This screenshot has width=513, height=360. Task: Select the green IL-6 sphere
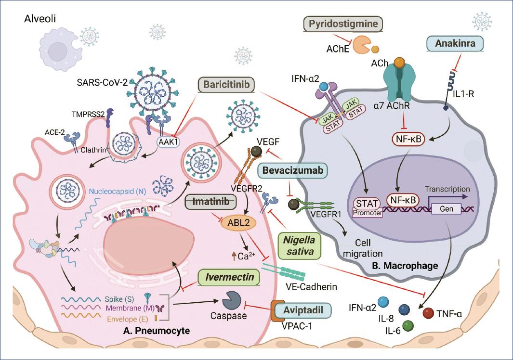[408, 326]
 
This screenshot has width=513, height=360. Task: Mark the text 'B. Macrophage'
[412, 265]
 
